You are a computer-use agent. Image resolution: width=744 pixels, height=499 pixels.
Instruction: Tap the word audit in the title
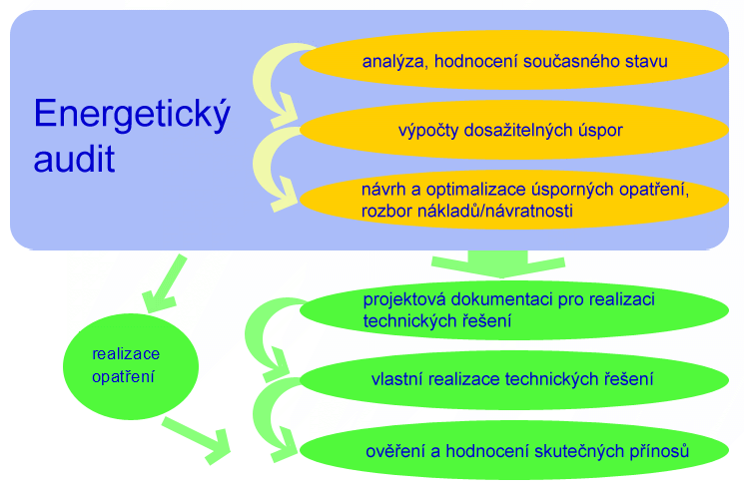74,159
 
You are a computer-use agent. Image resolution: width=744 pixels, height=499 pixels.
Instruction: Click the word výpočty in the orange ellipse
428,131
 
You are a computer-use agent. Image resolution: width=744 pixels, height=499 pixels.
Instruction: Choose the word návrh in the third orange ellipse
383,190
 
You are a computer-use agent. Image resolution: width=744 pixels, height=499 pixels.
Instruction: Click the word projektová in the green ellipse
404,299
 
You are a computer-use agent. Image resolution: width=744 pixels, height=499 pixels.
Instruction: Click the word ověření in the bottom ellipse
395,451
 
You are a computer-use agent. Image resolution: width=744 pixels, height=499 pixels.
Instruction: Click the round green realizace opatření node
131,366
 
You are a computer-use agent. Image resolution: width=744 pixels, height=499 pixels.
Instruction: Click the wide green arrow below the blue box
498,263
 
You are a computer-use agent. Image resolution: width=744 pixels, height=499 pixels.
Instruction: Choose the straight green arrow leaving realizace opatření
196,439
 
